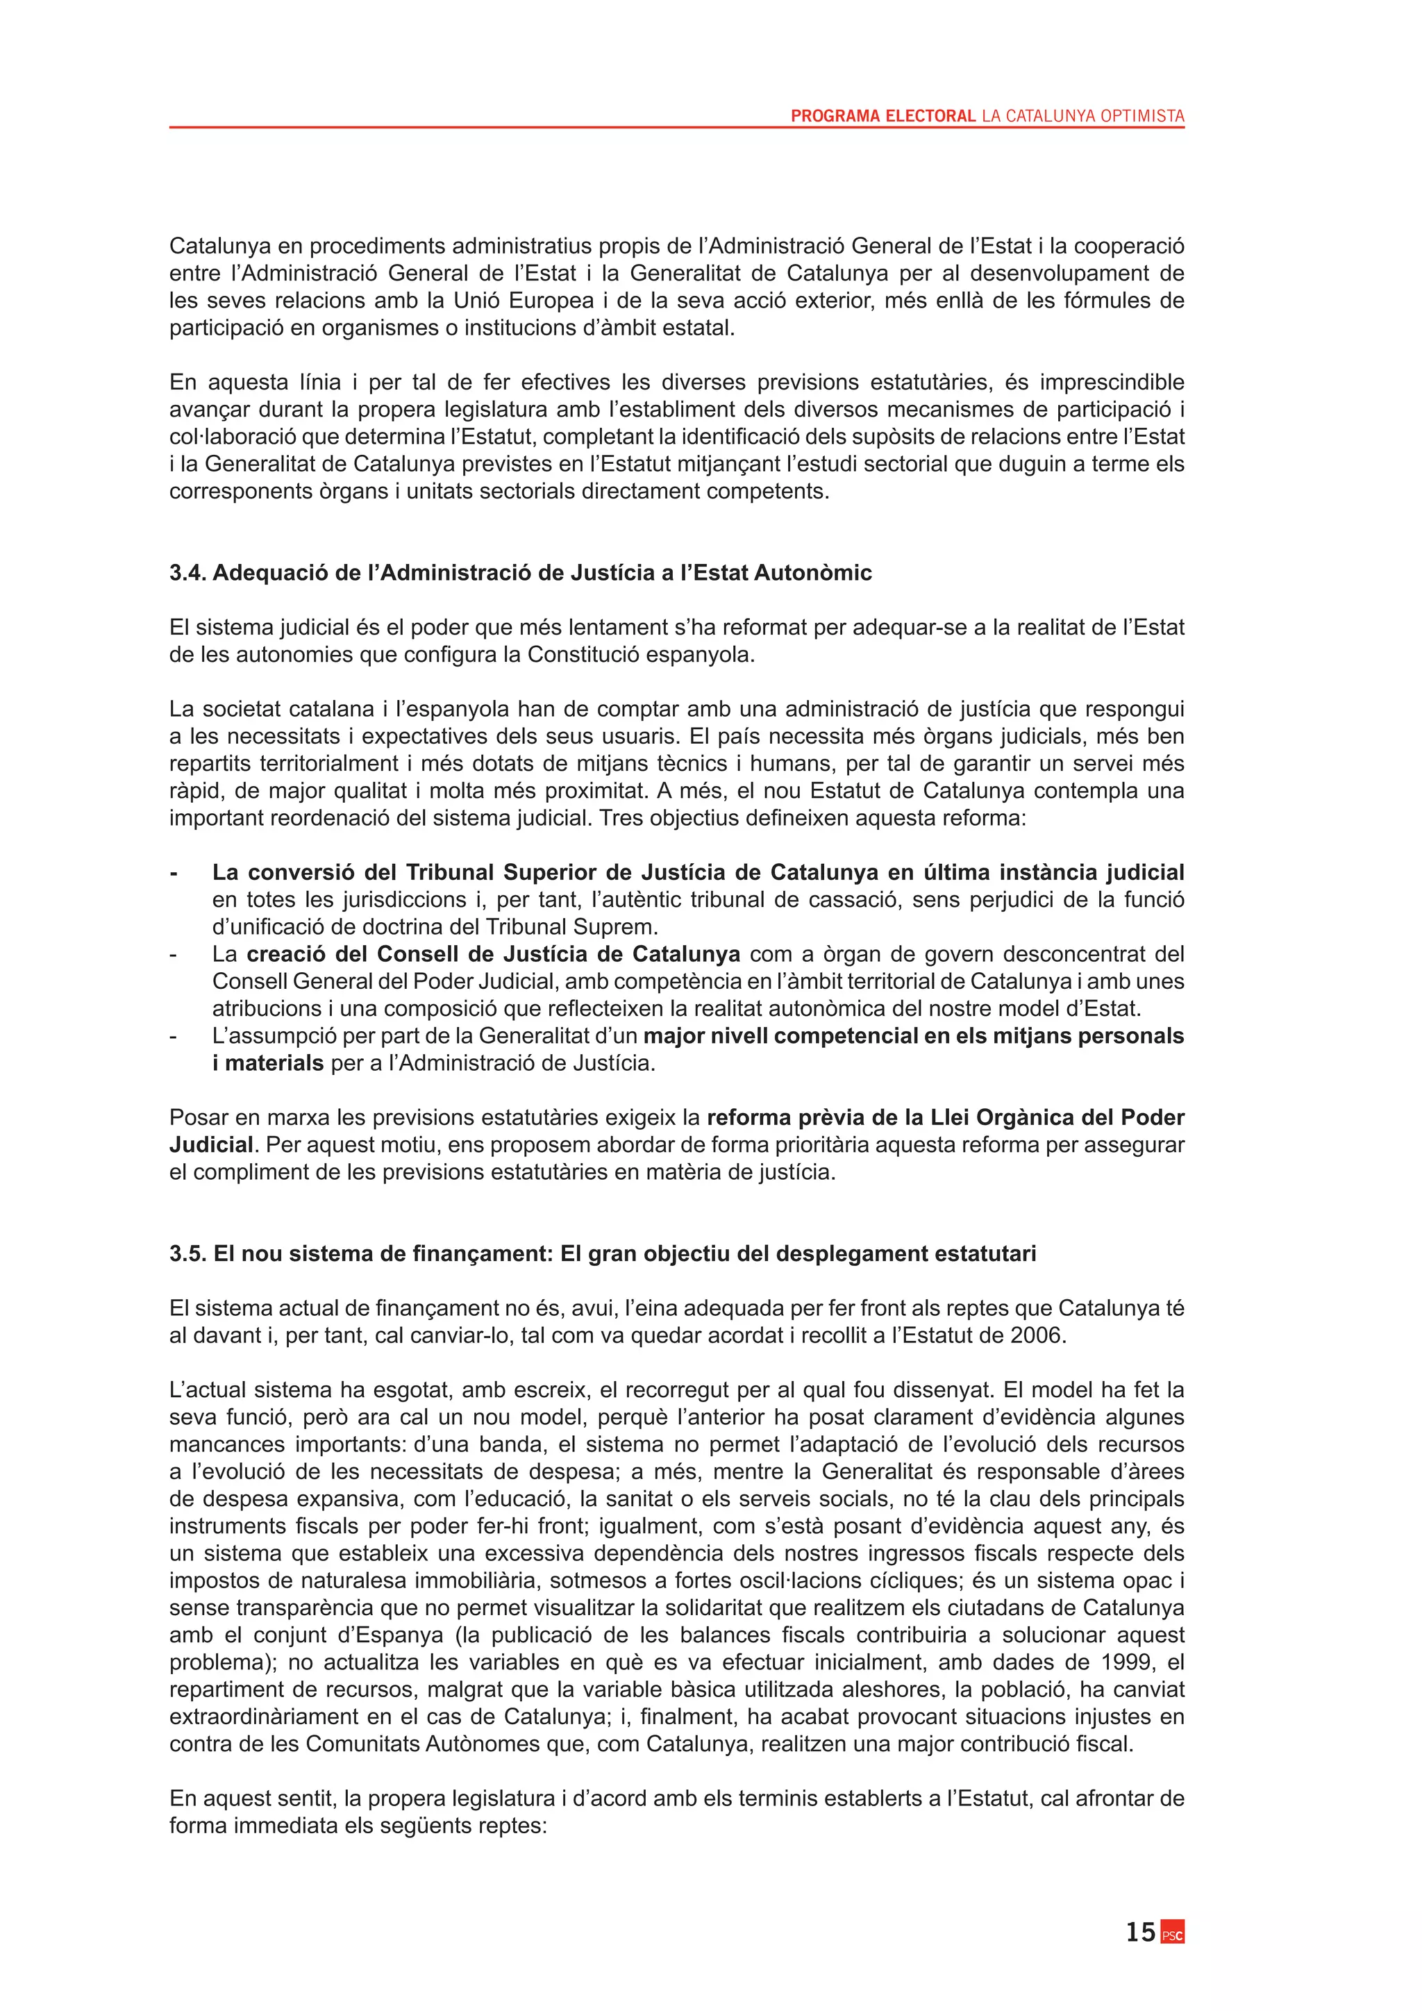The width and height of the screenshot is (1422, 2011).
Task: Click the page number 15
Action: [1140, 1932]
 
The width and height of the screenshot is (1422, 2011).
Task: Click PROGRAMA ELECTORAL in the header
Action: [883, 115]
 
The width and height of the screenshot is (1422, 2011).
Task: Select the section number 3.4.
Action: [187, 573]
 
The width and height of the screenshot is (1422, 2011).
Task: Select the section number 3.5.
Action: [187, 1253]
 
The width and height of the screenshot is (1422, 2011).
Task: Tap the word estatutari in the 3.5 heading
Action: [985, 1253]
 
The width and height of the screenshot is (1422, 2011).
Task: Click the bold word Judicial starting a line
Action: [211, 1145]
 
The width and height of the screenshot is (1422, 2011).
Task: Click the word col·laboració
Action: [235, 436]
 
